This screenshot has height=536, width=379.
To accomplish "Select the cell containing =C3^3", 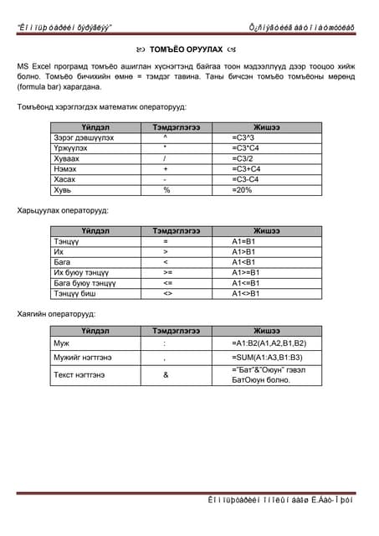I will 247,136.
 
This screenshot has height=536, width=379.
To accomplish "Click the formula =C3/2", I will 245,157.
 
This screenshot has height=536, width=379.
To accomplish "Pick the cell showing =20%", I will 243,189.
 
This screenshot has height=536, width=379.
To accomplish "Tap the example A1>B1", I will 244,250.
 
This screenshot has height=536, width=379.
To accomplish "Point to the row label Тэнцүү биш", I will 75,293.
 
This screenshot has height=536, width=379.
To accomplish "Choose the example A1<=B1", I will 248,282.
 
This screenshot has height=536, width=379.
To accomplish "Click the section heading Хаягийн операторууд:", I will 56,314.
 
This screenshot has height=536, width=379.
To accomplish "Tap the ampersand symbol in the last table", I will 166,374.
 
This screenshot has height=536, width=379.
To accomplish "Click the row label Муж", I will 61,343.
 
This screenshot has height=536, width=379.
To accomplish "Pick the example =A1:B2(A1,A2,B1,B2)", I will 269,343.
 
